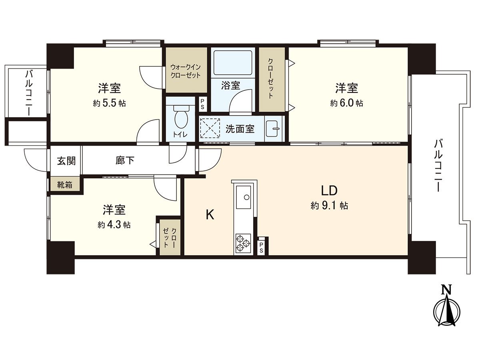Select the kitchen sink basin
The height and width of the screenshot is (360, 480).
point(244,197)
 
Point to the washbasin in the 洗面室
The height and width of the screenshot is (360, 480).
point(274,128)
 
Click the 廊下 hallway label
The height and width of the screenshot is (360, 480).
point(125,161)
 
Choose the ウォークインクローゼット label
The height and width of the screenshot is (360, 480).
point(185,71)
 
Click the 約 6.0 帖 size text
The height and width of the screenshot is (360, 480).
point(346,103)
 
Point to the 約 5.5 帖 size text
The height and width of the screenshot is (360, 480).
point(109,103)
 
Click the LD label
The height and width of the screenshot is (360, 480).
point(330,190)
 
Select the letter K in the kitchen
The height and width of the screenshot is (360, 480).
point(210,215)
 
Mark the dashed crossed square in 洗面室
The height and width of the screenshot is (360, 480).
point(210,128)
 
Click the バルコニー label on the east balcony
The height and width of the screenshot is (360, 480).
point(439,165)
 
